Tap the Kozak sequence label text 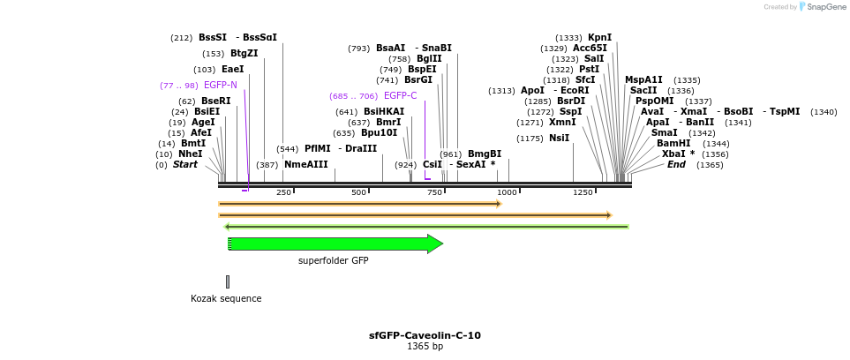tap(226, 298)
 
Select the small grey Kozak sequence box tap(228, 281)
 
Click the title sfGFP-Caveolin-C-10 tap(425, 335)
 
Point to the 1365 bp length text tap(425, 347)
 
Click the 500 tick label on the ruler tap(358, 192)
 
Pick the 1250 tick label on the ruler tap(583, 192)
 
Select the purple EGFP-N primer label tap(220, 86)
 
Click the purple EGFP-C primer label tap(400, 96)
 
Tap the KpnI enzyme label tap(599, 38)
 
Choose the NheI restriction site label tap(190, 154)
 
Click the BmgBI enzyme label tap(484, 154)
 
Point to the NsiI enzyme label tap(559, 139)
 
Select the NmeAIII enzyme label tap(305, 165)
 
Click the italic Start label tap(184, 165)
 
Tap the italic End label tap(676, 165)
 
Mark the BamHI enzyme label tap(673, 144)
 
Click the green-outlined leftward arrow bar tap(426, 227)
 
